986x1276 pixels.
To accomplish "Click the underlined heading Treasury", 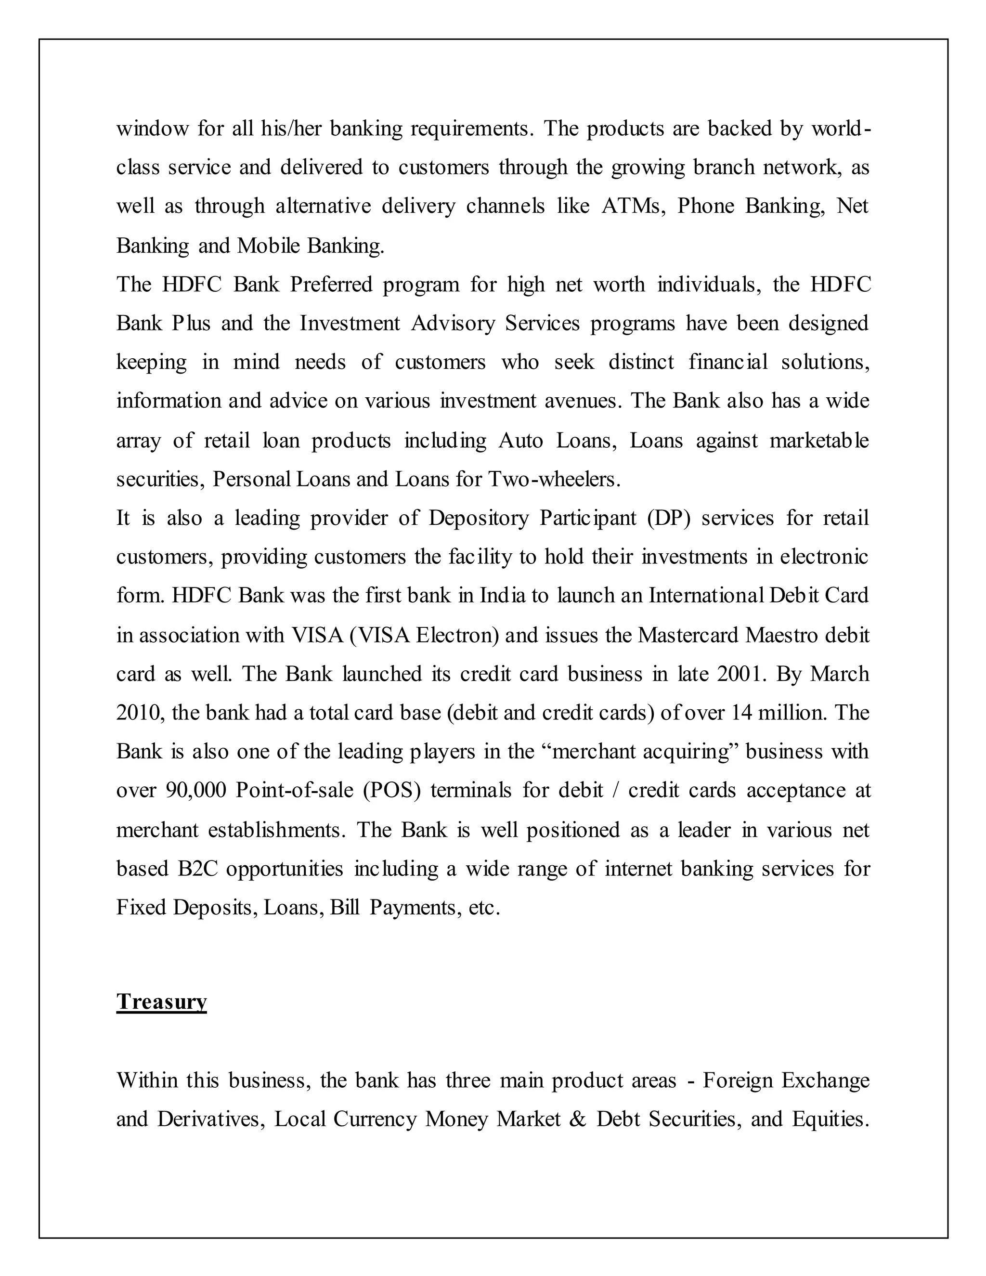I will pos(161,1001).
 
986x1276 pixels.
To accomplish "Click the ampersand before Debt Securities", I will pos(576,1119).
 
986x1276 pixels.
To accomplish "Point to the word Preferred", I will pos(331,285).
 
